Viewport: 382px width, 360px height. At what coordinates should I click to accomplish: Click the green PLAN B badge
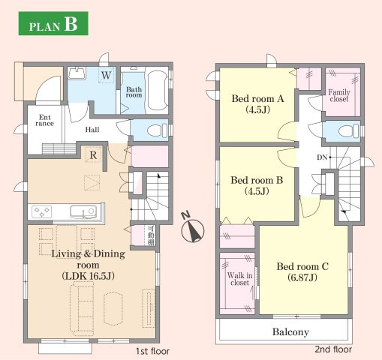(53, 23)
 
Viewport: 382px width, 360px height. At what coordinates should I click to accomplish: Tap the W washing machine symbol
(106, 75)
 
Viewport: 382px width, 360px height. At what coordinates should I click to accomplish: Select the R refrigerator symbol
(93, 155)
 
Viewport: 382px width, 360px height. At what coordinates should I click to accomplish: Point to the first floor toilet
(157, 130)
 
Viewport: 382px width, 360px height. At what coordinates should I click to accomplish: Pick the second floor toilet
(349, 130)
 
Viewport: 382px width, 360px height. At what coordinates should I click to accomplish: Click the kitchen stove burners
(41, 212)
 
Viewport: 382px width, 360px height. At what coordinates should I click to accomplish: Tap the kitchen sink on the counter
(83, 212)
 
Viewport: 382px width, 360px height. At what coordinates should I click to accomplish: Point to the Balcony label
(290, 331)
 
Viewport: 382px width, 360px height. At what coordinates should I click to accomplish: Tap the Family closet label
(339, 95)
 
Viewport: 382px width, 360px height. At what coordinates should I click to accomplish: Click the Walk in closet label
(239, 279)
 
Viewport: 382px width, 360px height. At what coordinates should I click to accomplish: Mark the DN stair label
(322, 157)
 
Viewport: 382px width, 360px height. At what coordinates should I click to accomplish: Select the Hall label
(92, 130)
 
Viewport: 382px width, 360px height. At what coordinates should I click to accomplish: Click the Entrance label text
(44, 120)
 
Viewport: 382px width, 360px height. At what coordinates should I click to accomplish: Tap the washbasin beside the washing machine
(77, 73)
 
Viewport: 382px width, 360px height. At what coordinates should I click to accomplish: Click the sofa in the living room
(82, 308)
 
